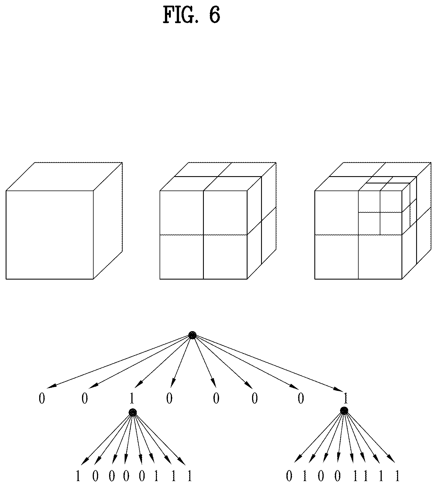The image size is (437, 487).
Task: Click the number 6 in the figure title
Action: (214, 15)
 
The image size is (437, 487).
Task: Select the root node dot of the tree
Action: (192, 335)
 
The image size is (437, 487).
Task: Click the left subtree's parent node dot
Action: (133, 412)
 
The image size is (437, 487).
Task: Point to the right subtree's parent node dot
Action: (344, 411)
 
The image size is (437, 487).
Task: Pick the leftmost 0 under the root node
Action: (42, 399)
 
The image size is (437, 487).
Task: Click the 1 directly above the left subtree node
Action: (131, 399)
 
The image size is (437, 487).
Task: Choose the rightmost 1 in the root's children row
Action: (346, 399)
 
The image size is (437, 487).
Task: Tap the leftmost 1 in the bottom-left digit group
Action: (78, 476)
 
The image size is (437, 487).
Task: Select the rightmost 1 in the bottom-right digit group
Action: (397, 476)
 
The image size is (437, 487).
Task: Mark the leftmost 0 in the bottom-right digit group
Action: (289, 476)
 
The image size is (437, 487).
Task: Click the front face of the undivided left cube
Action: (50, 235)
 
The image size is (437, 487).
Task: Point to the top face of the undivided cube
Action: (64, 177)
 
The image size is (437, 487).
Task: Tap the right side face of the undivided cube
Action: (108, 221)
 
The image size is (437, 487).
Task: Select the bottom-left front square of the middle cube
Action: (182, 257)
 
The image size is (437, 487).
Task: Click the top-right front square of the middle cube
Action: (225, 213)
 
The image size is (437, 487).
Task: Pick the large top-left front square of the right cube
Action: (336, 213)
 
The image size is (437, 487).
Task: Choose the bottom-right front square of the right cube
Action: (380, 257)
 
